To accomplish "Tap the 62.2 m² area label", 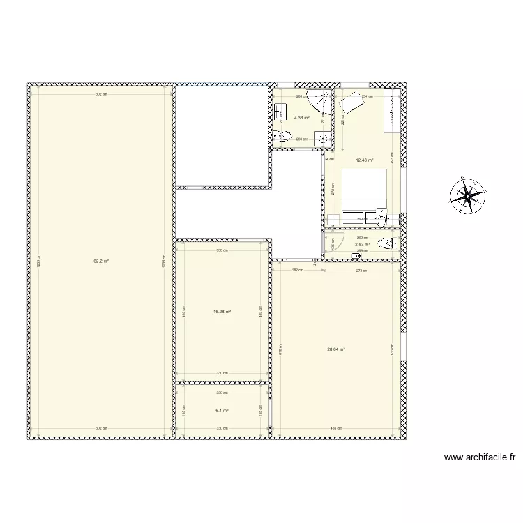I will click(102, 261).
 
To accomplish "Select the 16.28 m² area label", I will click(222, 312).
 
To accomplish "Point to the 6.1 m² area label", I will click(222, 411).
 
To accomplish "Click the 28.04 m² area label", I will click(336, 350).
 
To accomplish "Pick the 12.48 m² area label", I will click(364, 160).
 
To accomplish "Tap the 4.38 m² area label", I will click(301, 118).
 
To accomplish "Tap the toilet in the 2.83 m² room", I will click(385, 244).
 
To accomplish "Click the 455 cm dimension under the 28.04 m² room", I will click(335, 428).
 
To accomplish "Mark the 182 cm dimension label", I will click(296, 270).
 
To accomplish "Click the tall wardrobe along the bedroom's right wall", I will click(393, 112).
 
